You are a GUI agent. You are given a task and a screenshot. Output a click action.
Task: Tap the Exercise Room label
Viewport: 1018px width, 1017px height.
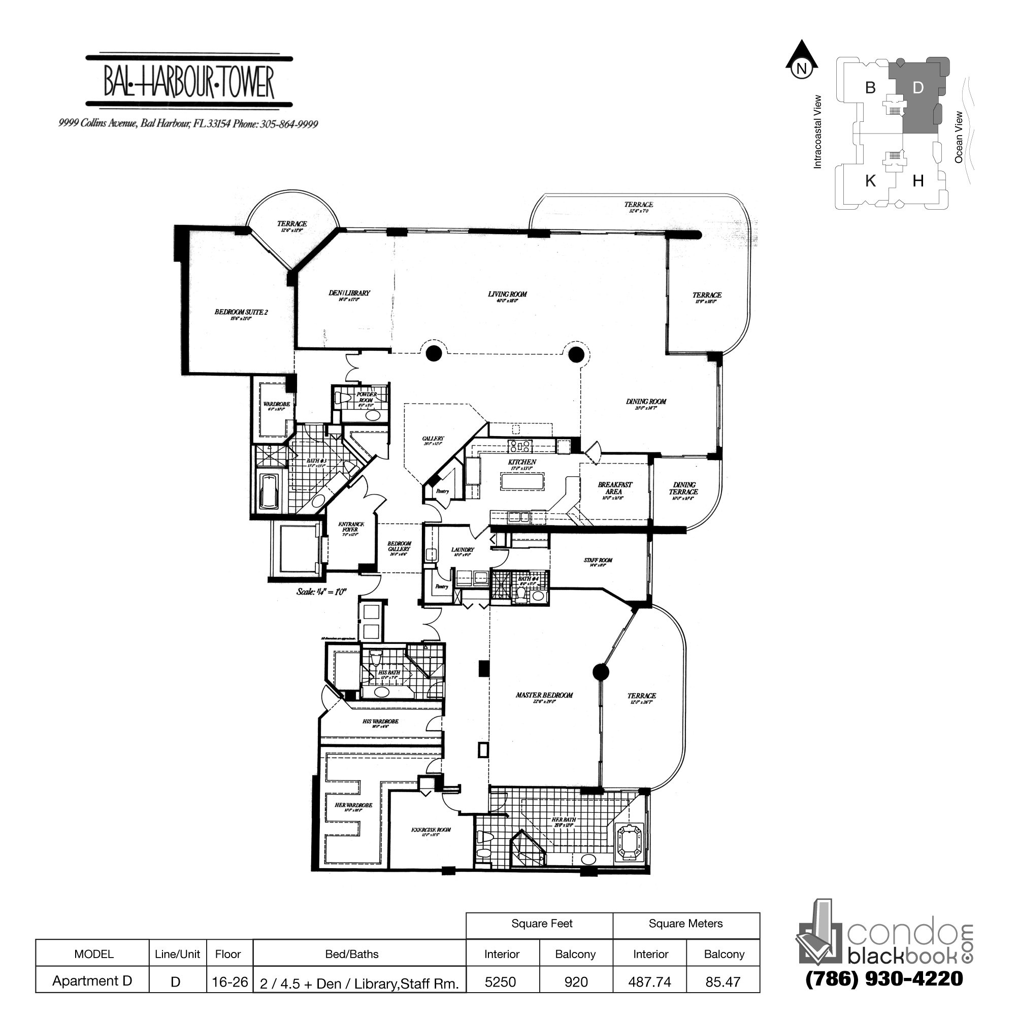tap(431, 830)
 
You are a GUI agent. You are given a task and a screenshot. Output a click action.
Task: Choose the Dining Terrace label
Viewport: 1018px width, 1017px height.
tap(683, 488)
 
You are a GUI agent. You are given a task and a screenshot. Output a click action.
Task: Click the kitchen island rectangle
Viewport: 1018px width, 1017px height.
tap(521, 481)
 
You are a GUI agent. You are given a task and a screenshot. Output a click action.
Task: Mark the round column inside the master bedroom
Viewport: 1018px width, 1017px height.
tap(601, 672)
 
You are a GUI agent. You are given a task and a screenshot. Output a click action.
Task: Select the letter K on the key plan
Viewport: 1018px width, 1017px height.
tap(870, 181)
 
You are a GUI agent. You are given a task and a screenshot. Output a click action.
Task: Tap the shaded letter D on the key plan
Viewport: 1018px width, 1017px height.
tap(918, 88)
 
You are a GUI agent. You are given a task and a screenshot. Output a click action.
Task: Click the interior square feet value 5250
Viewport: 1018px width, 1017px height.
tap(500, 982)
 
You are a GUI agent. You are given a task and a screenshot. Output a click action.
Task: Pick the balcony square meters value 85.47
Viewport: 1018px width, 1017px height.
tap(723, 982)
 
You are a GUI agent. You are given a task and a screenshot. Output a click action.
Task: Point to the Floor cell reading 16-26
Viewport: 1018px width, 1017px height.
tap(229, 982)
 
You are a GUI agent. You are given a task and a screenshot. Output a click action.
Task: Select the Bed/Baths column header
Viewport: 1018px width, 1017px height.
tap(351, 954)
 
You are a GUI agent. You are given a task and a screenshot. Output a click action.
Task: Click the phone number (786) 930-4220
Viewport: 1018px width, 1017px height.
tap(884, 979)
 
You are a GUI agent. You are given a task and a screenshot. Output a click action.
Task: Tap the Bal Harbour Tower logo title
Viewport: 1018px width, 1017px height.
tap(189, 82)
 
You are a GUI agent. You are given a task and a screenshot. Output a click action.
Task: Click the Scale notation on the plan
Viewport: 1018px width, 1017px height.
tap(321, 592)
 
